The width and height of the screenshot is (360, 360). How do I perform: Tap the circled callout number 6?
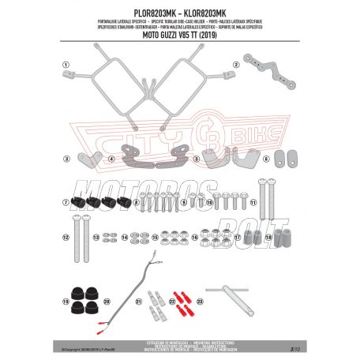[267, 159]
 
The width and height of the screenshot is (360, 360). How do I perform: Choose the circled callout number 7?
[67, 202]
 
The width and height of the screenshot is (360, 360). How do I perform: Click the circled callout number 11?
[262, 202]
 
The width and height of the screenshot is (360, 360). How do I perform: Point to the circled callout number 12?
[67, 236]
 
